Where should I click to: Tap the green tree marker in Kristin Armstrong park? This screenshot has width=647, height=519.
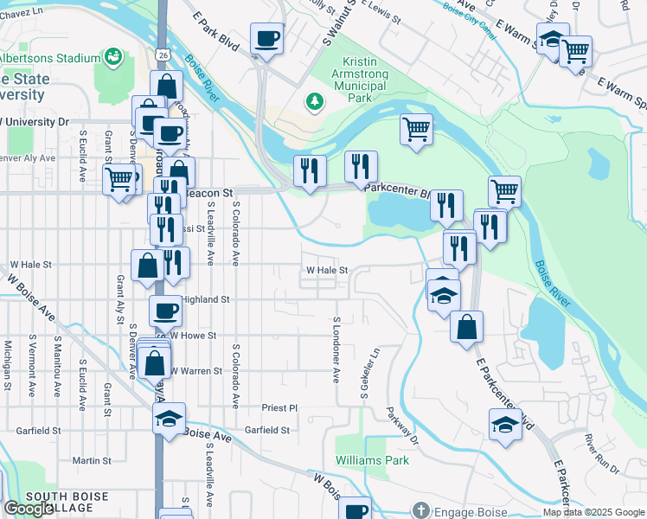pos(315,103)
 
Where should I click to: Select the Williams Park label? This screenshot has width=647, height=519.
pos(372,460)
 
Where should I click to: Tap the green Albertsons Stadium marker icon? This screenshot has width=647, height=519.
pos(111,58)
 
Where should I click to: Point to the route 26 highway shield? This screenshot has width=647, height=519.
pos(163,54)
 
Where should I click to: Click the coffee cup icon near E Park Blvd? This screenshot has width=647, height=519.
pos(266,38)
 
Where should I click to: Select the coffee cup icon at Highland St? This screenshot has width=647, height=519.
pos(165,310)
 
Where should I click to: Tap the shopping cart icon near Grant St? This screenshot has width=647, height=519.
pos(119,180)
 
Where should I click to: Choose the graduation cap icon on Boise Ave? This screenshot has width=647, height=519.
pos(169,419)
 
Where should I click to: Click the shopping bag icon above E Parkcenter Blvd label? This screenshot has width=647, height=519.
pos(466,326)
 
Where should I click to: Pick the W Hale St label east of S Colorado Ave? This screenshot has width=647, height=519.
pos(326,270)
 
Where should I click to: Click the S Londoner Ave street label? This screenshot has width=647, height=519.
pos(336,349)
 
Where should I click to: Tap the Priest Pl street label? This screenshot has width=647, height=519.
pos(279,407)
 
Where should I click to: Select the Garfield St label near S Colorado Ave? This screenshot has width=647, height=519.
pos(266,429)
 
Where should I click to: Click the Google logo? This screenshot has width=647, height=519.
pos(29,509)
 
